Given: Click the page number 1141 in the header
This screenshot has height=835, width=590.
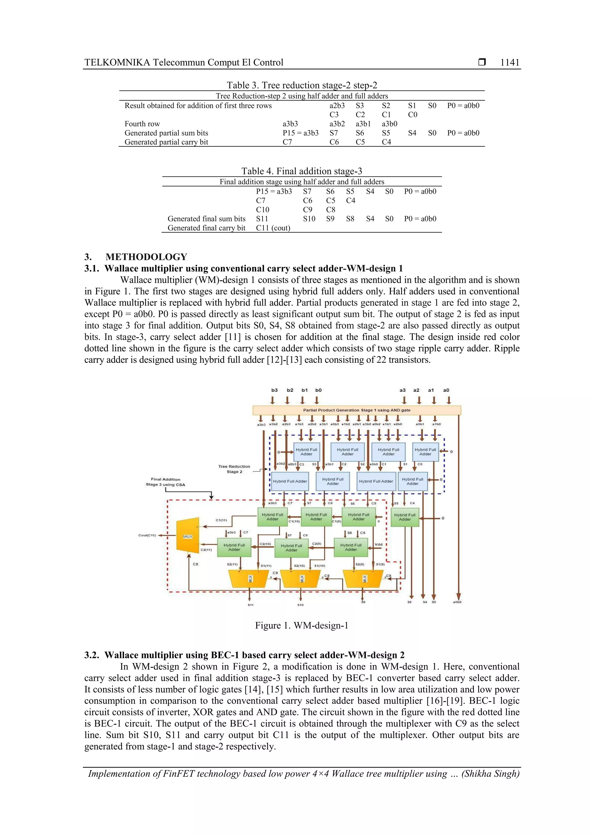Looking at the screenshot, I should click(509, 63).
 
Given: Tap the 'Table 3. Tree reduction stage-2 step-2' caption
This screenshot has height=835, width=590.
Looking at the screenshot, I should click(302, 85).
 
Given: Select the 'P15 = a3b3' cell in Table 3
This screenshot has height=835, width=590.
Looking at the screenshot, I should click(300, 133).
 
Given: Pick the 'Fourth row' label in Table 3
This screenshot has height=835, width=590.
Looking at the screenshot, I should click(142, 124).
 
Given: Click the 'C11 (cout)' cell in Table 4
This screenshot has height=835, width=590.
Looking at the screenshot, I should click(273, 228).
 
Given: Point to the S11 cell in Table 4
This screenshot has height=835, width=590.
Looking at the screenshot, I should click(262, 218).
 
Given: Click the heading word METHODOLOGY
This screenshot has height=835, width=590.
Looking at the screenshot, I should click(146, 257).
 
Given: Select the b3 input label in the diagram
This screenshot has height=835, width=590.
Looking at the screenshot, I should click(275, 390).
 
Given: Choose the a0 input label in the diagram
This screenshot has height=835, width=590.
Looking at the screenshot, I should click(446, 390).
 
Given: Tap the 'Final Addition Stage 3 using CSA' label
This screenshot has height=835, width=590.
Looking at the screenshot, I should click(165, 482).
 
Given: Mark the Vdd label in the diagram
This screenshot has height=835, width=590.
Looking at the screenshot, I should click(379, 544).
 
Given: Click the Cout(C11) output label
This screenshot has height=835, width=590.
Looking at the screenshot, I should click(147, 535).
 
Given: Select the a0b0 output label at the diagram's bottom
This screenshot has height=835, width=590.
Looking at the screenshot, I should click(457, 602).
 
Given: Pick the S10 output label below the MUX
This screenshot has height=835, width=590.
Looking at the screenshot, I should click(300, 605).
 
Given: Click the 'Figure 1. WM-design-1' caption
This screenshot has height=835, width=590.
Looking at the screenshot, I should click(301, 625).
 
